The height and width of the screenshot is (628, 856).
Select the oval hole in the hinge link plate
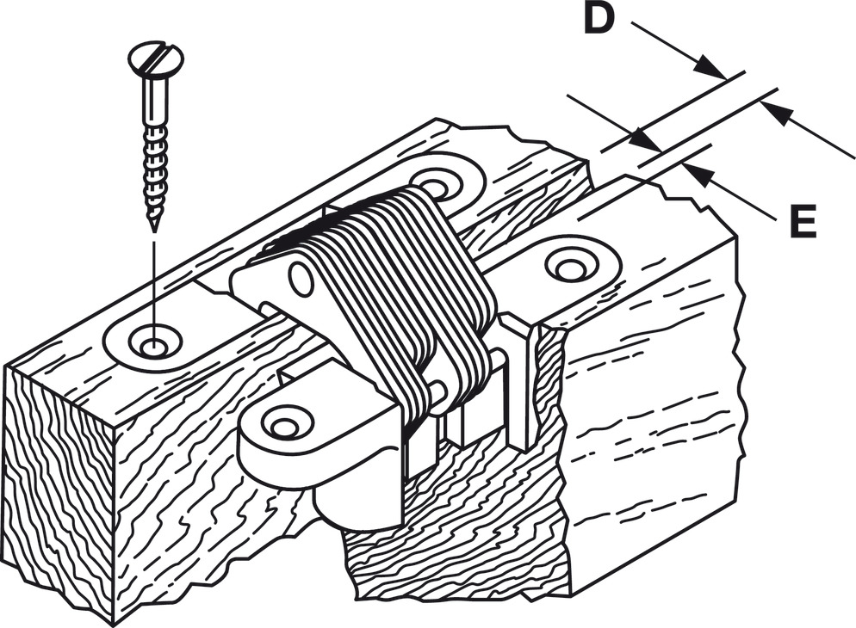click(301, 279)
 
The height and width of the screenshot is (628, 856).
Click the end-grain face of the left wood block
click(60, 490)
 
